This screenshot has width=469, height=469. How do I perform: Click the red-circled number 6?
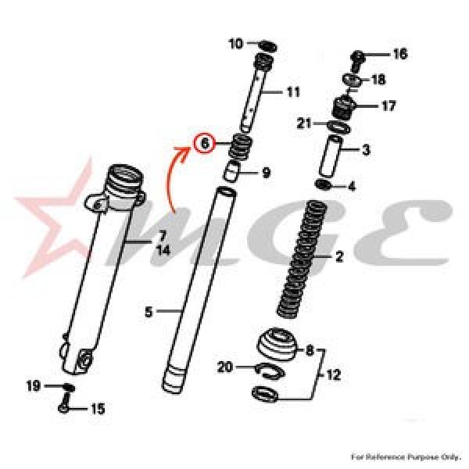(204, 144)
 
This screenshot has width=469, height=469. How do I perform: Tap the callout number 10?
(236, 44)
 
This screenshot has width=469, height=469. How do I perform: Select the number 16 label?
(400, 54)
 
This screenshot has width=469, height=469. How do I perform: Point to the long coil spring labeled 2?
(302, 260)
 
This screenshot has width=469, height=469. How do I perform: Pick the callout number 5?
(149, 312)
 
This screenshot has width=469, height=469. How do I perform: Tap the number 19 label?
(33, 386)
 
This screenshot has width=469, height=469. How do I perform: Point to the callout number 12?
(334, 374)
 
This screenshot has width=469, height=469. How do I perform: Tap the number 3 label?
(366, 149)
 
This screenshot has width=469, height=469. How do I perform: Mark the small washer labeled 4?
(324, 184)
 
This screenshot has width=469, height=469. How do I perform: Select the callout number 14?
(163, 250)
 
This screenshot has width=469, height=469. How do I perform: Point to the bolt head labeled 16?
(357, 56)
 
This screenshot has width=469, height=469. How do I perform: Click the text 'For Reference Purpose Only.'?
(405, 457)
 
